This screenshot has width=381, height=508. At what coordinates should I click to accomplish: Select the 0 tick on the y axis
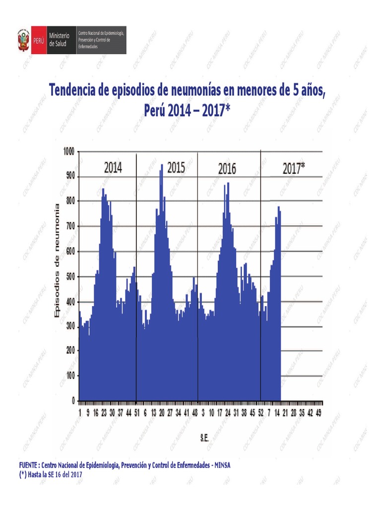73,400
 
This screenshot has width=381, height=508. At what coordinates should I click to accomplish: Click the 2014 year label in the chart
113,168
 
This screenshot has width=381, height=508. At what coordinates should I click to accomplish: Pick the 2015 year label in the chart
176,168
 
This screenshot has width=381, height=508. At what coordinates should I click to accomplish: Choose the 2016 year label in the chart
227,169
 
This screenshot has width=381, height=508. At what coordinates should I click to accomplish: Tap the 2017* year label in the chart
294,169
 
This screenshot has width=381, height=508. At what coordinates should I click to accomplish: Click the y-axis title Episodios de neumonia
56,260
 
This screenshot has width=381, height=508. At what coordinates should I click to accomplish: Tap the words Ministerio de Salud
59,40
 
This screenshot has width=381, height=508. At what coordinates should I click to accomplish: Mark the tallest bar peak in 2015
161,165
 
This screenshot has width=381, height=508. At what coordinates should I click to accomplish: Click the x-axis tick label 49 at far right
318,413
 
